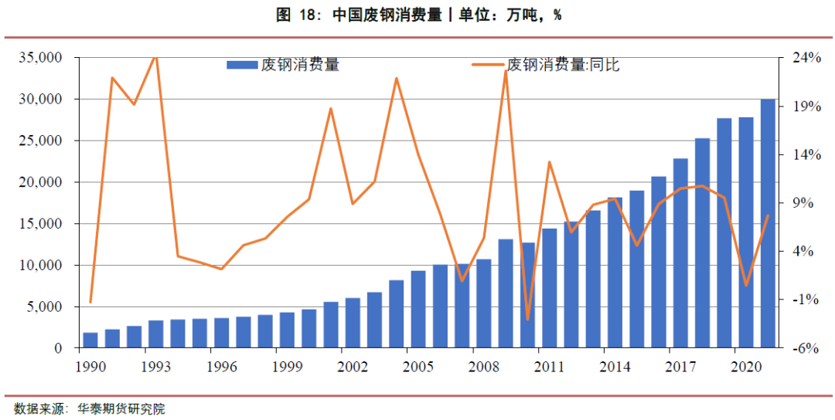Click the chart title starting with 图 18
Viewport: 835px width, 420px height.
pyautogui.click(x=418, y=15)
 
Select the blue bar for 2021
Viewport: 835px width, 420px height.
pyautogui.click(x=768, y=224)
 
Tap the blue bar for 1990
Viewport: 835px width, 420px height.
pyautogui.click(x=90, y=340)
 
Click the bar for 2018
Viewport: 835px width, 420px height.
pyautogui.click(x=702, y=243)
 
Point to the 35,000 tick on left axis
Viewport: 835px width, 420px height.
pyautogui.click(x=39, y=58)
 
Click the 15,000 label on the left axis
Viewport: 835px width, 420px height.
pyautogui.click(x=39, y=224)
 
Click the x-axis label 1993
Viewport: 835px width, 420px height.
pyautogui.click(x=155, y=365)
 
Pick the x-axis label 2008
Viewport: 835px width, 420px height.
pyautogui.click(x=483, y=365)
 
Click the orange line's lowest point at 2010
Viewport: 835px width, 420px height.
pyautogui.click(x=527, y=319)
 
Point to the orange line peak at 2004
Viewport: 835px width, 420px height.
pyautogui.click(x=397, y=78)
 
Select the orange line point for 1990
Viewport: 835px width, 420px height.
pyautogui.click(x=90, y=302)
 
